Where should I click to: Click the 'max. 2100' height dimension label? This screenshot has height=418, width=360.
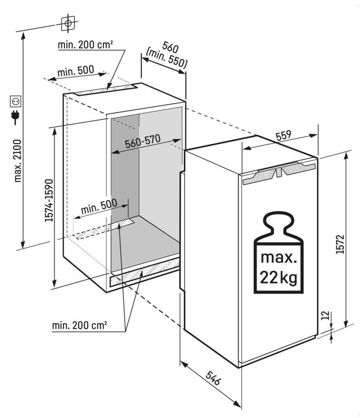click(x=17, y=161)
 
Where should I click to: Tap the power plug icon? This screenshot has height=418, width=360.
click(x=15, y=117)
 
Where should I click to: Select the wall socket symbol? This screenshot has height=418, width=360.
click(x=15, y=101)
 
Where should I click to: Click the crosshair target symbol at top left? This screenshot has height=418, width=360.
click(x=68, y=23)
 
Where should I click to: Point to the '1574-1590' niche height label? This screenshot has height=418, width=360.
click(x=49, y=200)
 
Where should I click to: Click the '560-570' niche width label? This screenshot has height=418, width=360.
click(x=143, y=141)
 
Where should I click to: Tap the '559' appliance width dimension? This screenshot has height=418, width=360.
click(x=283, y=135)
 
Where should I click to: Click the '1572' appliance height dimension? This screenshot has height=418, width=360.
click(x=340, y=244)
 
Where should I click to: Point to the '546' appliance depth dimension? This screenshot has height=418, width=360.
click(x=213, y=378)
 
